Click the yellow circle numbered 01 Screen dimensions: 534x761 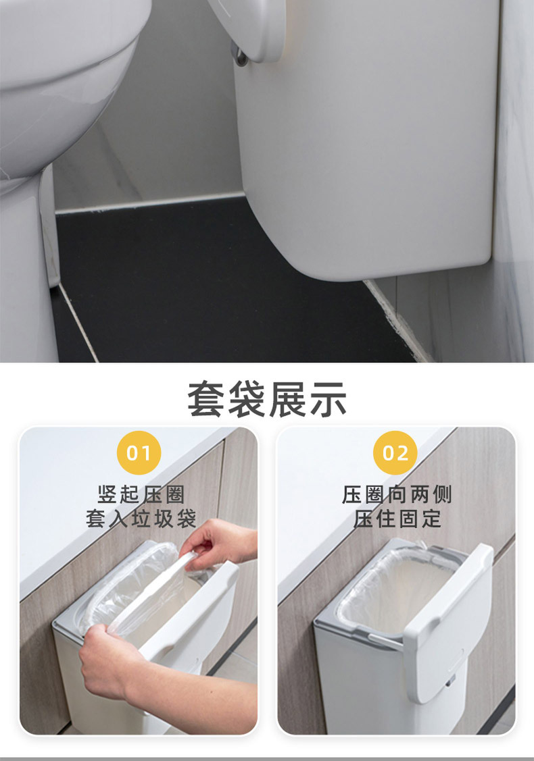(x=139, y=453)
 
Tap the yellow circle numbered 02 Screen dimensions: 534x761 (x=395, y=453)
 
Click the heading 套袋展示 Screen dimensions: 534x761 (x=267, y=399)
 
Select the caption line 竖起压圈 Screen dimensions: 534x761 (x=141, y=494)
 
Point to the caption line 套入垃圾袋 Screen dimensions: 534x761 (x=141, y=519)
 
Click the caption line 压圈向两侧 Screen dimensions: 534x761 (x=397, y=494)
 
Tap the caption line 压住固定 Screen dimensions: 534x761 (x=397, y=519)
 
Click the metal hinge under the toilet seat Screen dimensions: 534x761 (x=241, y=56)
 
